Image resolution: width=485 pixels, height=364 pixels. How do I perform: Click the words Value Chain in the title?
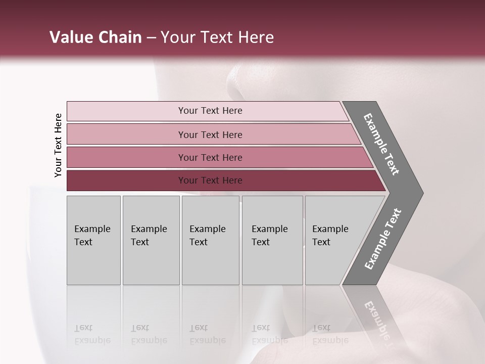point(95,37)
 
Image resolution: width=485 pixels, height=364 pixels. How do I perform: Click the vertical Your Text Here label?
point(58,145)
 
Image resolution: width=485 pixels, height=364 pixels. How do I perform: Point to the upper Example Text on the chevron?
point(381,144)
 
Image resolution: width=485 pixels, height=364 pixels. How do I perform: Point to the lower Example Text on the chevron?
point(382,239)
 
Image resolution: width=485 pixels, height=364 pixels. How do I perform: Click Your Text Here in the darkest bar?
point(210,180)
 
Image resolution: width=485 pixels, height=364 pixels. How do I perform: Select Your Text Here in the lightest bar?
point(210,111)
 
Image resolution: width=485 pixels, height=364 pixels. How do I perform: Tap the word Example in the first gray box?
point(92,229)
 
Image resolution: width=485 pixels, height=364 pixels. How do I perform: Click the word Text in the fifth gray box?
point(321,242)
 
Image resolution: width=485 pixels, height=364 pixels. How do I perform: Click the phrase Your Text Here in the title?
point(217,37)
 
